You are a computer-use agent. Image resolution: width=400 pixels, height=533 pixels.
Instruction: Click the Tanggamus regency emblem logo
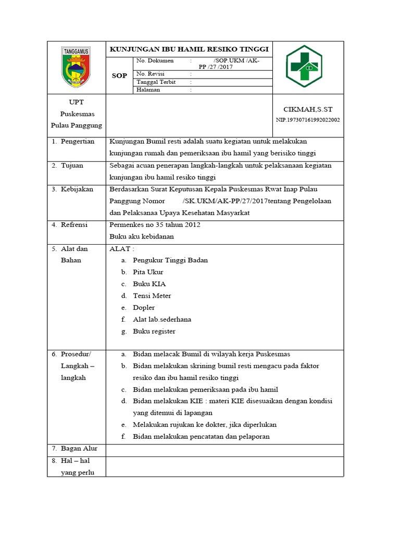[76, 67]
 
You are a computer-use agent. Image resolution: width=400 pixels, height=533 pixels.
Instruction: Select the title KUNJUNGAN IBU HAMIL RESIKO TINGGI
[189, 49]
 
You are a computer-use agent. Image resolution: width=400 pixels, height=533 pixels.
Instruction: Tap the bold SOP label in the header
[119, 75]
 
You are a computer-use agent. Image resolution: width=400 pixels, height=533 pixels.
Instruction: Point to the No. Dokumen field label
[155, 61]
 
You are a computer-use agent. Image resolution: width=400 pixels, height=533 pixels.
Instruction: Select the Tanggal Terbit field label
[156, 82]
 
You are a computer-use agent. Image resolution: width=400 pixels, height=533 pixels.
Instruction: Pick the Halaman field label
[148, 90]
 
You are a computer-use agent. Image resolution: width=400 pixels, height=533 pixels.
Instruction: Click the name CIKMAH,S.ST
[307, 109]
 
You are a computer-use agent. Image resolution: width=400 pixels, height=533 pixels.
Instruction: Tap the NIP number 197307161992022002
[307, 120]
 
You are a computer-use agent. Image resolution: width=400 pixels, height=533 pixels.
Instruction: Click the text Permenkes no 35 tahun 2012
[155, 225]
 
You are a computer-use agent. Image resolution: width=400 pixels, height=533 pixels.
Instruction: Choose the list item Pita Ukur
[148, 272]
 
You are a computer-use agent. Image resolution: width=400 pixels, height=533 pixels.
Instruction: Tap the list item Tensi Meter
[152, 296]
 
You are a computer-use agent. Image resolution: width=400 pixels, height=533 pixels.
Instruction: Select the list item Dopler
[144, 308]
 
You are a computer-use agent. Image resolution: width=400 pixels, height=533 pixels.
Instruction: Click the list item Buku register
[154, 331]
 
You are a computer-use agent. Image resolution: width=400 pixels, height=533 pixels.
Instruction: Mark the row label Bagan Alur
[79, 448]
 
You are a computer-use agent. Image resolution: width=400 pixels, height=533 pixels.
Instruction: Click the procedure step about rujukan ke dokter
[204, 425]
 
